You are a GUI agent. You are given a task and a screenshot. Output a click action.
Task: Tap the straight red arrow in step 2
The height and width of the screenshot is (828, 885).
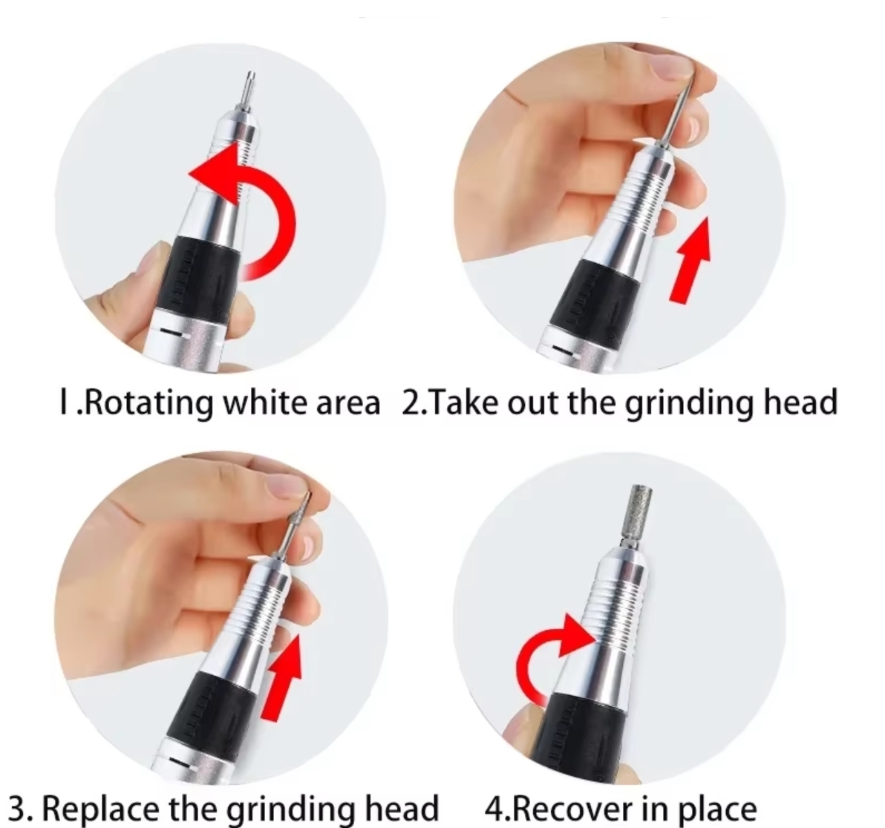690,261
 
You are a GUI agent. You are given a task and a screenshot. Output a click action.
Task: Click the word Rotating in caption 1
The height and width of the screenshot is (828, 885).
149,404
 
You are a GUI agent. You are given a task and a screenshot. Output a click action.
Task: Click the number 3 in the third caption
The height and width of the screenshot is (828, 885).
18,809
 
